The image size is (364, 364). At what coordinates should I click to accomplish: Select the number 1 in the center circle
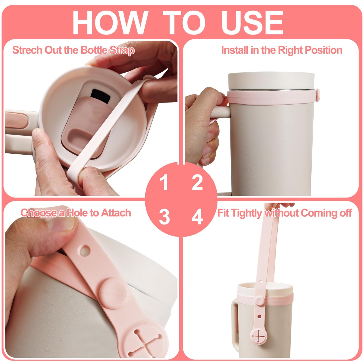point(164,182)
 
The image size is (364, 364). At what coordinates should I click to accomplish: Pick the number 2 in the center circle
point(197,182)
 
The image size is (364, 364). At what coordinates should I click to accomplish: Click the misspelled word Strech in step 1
point(27,50)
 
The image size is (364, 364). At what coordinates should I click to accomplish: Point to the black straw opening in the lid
point(100,96)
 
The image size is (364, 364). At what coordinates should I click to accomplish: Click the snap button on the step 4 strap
point(259,300)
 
